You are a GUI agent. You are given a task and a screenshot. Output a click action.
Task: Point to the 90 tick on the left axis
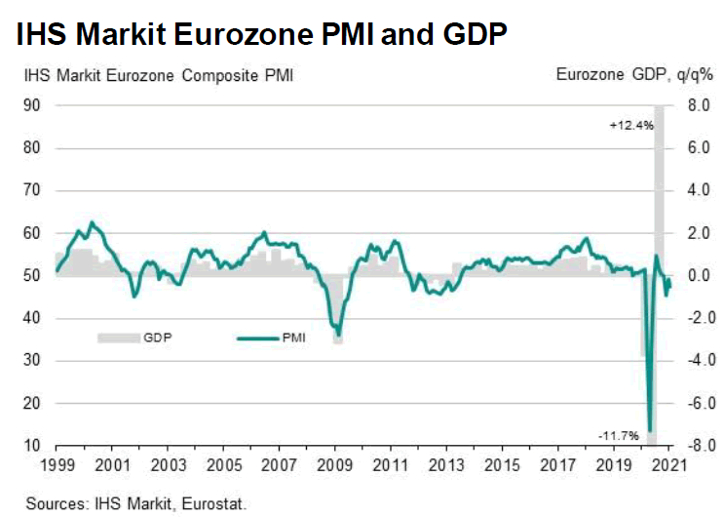[32, 106]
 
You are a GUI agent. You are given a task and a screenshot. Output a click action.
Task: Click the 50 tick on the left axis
[32, 276]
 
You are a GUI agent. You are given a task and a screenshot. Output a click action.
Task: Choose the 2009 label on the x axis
[335, 465]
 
